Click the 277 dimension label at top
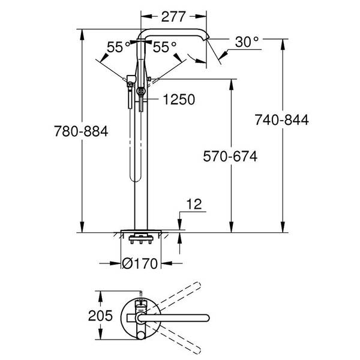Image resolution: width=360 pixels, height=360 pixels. coord(173,17)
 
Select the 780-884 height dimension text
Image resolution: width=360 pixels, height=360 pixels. coord(81,131)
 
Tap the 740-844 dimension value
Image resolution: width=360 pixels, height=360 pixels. coord(282,120)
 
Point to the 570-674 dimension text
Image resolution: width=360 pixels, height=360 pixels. coord(230,157)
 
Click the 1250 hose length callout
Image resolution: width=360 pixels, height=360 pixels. coord(179,100)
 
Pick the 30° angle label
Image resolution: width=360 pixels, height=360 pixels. coord(247,42)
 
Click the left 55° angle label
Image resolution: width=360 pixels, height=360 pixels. coord(118,47)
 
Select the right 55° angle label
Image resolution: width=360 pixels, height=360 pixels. coord(164,47)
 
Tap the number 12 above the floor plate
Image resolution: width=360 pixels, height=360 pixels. coord(194,204)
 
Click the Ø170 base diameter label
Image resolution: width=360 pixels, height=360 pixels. coord(140,263)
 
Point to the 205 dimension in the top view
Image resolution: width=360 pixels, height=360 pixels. coord(100,316)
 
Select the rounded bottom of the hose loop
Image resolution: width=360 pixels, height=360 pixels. coord(135,178)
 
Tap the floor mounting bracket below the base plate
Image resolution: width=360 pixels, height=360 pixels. coord(141,239)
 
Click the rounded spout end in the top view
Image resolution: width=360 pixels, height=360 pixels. coord(206,318)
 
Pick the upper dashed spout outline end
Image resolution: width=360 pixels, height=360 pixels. coord(197,286)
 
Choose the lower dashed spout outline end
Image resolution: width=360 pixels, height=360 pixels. coord(197,350)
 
